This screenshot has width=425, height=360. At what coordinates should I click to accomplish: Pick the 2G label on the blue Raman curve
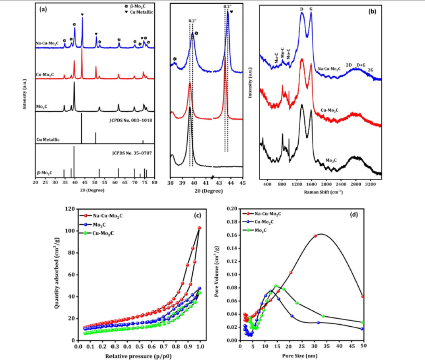click(370, 70)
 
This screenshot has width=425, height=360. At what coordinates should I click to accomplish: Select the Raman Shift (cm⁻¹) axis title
click(321, 192)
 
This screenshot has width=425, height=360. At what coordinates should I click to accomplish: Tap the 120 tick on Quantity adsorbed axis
click(70, 209)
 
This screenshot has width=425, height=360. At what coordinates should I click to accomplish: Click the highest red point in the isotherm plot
click(199, 228)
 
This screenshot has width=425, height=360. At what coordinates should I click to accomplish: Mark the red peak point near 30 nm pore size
click(315, 236)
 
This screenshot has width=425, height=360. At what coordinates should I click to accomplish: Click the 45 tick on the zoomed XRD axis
click(243, 182)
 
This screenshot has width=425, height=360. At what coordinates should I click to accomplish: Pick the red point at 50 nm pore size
click(363, 296)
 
